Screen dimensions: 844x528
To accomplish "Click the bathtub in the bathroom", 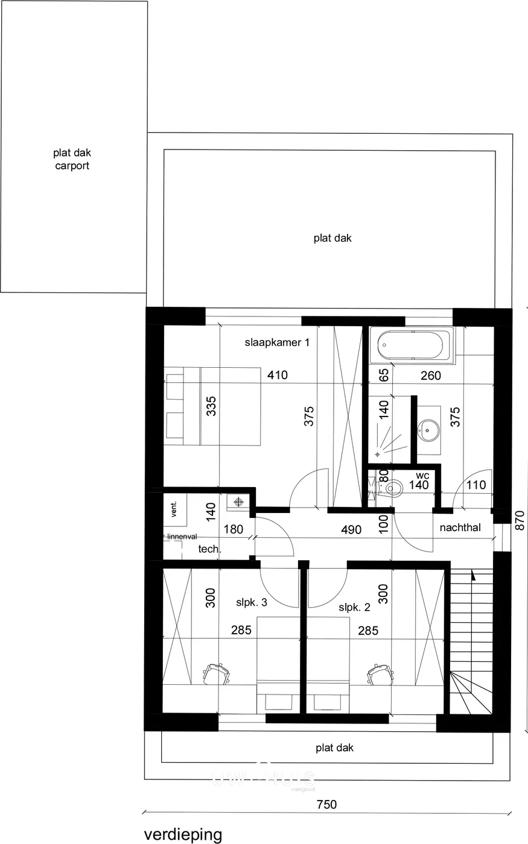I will click(x=414, y=346).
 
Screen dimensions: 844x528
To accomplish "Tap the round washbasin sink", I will click(x=429, y=429).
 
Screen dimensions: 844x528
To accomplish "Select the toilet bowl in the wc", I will click(x=393, y=487).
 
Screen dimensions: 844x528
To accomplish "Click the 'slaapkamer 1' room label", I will click(x=277, y=342).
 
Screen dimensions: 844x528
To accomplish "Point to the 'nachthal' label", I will click(x=460, y=527).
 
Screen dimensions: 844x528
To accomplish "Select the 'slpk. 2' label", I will click(x=355, y=607).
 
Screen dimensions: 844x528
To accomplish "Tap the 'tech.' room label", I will click(x=210, y=549).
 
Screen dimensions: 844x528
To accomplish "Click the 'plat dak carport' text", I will click(x=72, y=160).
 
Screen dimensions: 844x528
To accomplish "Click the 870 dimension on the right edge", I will click(x=521, y=520).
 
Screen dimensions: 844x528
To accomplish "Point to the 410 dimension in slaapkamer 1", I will click(x=278, y=376).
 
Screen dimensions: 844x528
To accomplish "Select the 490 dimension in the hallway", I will click(x=351, y=530).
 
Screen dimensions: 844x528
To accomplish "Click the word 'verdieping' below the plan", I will click(x=183, y=834).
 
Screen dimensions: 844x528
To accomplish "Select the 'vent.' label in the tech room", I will click(x=174, y=509).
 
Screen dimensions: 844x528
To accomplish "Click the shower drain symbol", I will click(x=378, y=452).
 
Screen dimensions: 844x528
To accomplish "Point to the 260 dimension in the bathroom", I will click(x=431, y=376).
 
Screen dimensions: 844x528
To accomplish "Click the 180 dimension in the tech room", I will click(x=233, y=530).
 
